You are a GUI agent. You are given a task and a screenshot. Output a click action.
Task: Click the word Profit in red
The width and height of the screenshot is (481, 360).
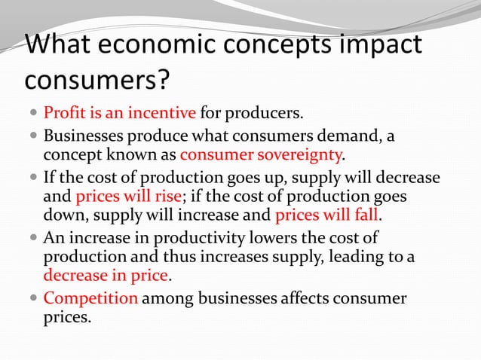62,114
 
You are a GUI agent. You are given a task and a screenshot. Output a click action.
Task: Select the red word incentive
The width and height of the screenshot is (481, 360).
167,114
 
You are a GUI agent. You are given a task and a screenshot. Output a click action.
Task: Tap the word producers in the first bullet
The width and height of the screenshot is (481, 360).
268,114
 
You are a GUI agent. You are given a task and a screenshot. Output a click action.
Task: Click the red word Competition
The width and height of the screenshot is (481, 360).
91,299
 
